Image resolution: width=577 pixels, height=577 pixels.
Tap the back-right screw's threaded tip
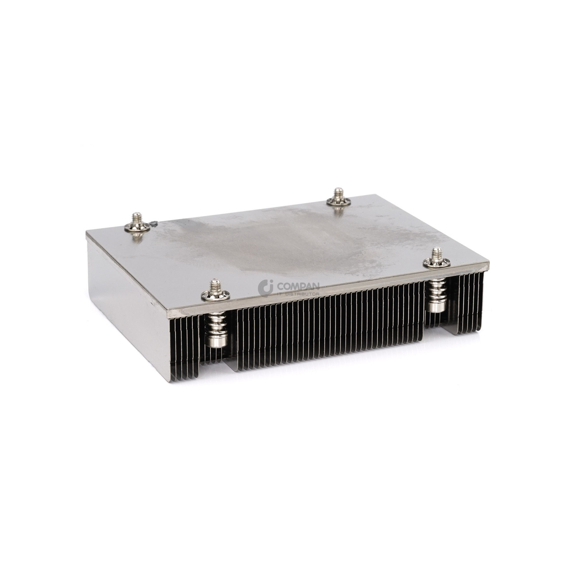[338, 193]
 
